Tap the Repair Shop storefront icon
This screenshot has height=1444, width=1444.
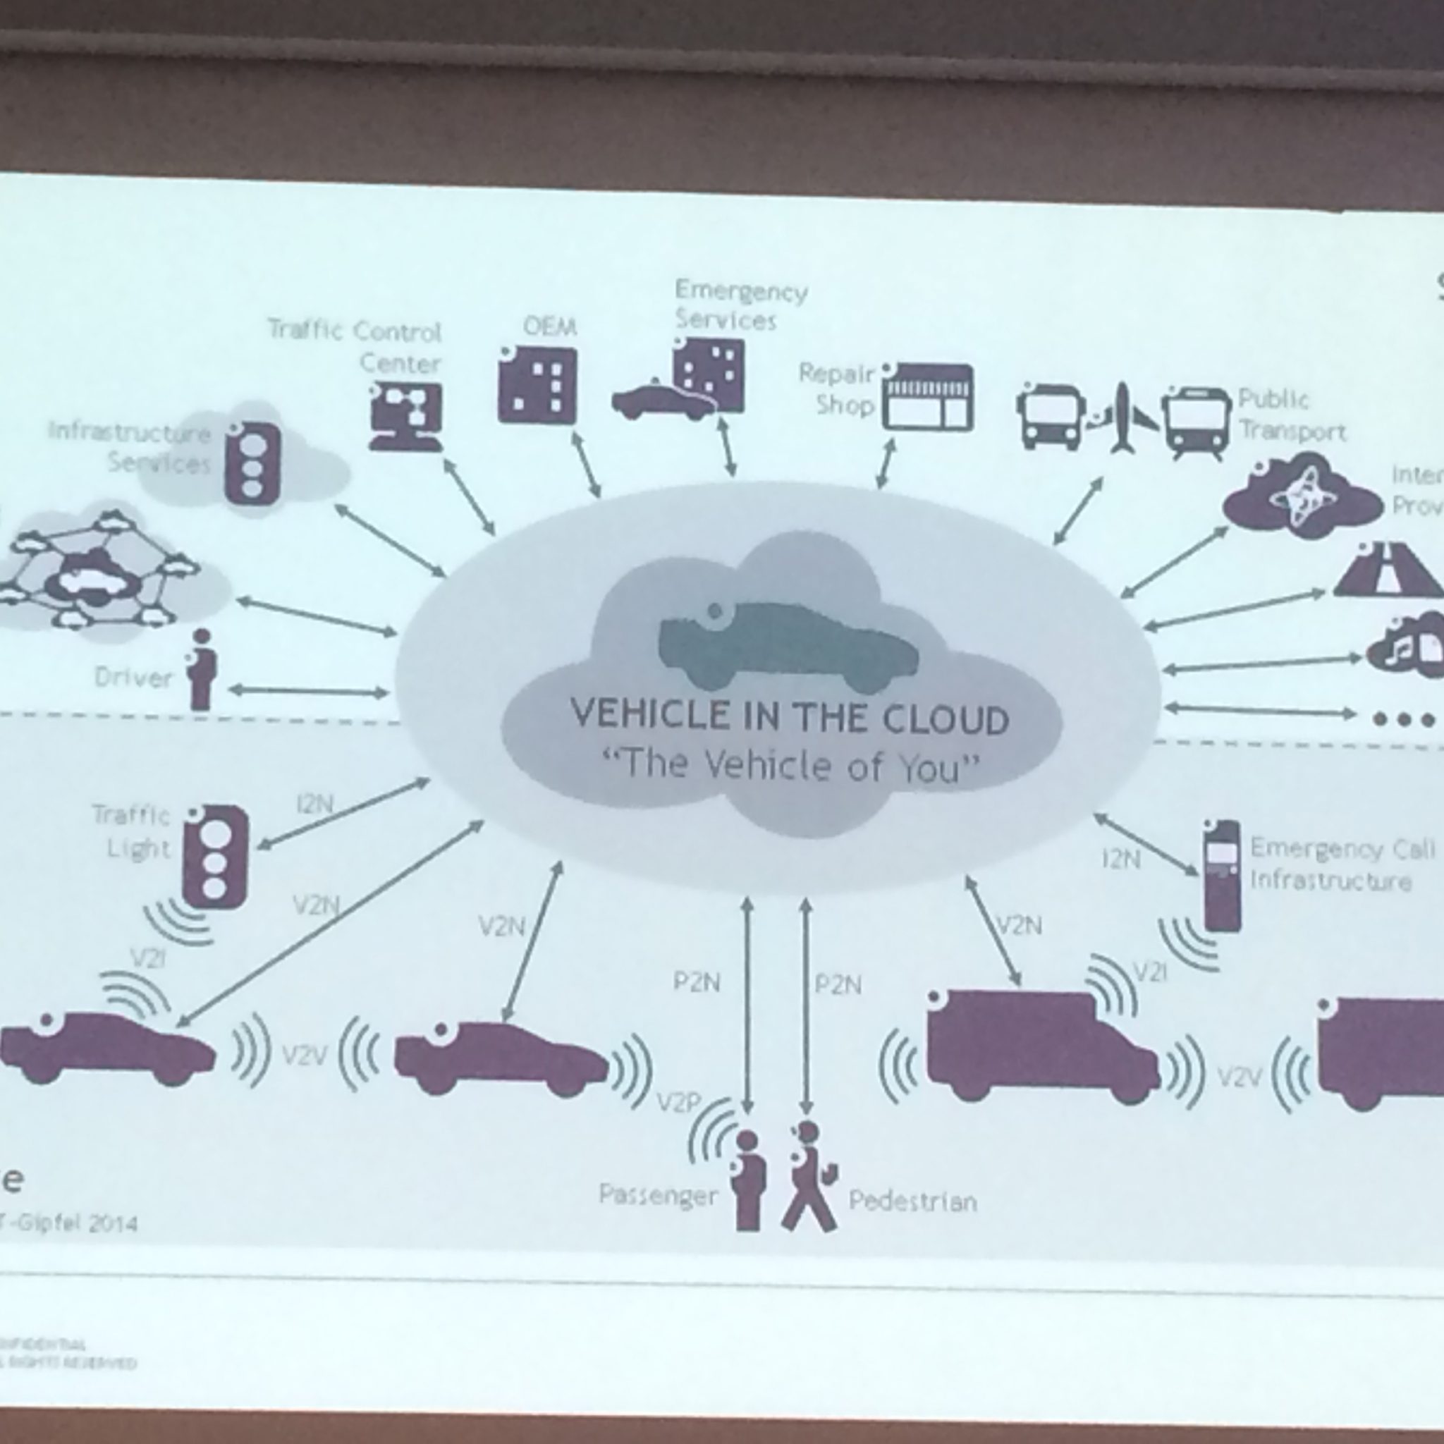click(x=929, y=398)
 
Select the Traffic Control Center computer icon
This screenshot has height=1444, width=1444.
click(x=405, y=415)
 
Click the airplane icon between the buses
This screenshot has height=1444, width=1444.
click(x=1122, y=419)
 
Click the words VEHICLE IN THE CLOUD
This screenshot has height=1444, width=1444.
click(x=790, y=716)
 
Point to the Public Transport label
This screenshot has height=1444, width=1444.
click(x=1291, y=415)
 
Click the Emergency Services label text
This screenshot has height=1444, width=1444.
click(x=740, y=305)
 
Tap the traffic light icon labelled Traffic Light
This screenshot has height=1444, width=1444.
click(x=214, y=855)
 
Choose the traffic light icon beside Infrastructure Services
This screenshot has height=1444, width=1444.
click(x=255, y=461)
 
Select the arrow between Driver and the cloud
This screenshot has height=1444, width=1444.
click(x=308, y=692)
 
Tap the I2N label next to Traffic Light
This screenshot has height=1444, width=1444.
click(x=314, y=806)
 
